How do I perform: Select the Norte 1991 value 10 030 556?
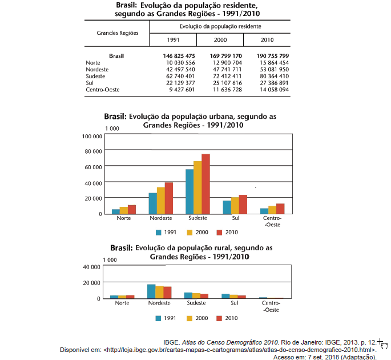pyautogui.click(x=180, y=62)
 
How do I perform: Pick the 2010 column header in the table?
pyautogui.click(x=267, y=40)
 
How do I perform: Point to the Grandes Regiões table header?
pyautogui.click(x=118, y=33)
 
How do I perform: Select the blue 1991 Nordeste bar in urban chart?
pyautogui.click(x=153, y=203)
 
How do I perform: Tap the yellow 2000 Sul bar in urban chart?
pyautogui.click(x=235, y=205)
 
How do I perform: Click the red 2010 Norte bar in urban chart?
pyautogui.click(x=132, y=209)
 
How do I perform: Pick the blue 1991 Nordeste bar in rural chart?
pyautogui.click(x=151, y=291)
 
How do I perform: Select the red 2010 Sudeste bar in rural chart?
pyautogui.click(x=205, y=296)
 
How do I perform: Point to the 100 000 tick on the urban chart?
pyautogui.click(x=92, y=137)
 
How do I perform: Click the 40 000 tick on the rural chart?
pyautogui.click(x=92, y=267)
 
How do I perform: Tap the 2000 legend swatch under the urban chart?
pyautogui.click(x=190, y=233)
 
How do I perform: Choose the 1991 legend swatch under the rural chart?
pyautogui.click(x=159, y=318)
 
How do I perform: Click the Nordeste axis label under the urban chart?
pyautogui.click(x=161, y=219)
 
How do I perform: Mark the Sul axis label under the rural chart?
pyautogui.click(x=234, y=303)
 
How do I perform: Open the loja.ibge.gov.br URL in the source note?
pyautogui.click(x=240, y=349)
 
